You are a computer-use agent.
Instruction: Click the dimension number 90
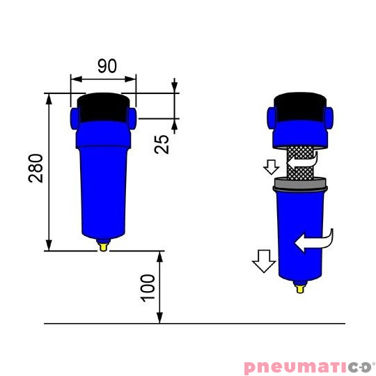(107, 67)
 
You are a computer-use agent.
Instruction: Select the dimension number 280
(36, 168)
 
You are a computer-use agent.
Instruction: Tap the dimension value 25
(162, 143)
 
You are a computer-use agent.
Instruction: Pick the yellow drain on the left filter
(103, 244)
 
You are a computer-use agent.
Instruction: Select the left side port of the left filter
(73, 114)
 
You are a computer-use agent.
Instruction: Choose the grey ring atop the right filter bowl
(299, 185)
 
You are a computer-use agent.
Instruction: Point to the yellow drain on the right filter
(299, 285)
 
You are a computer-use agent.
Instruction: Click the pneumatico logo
(308, 366)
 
